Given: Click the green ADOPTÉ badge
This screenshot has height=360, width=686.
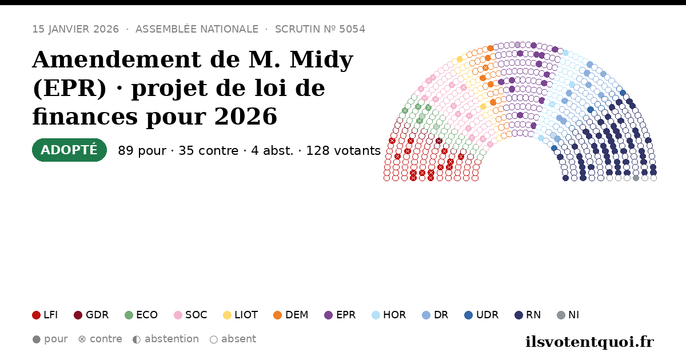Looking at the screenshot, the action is (x=69, y=150).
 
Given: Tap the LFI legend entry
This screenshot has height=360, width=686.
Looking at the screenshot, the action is (x=45, y=315).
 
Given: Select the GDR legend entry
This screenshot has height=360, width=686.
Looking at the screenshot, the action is (x=91, y=315).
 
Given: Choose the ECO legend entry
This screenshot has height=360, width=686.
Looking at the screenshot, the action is (x=141, y=315).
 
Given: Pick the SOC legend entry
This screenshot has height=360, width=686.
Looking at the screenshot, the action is (x=190, y=315).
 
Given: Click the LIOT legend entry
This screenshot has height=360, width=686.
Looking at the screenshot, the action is (x=241, y=315).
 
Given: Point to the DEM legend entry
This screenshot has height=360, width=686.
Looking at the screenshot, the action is (x=290, y=315).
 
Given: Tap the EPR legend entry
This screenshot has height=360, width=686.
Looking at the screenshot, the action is (x=340, y=315).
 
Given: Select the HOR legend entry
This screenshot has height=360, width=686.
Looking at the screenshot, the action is (x=389, y=315).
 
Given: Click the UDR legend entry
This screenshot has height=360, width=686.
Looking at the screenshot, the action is (x=481, y=315).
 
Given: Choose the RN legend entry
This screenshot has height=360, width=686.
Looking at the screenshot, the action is (x=528, y=315).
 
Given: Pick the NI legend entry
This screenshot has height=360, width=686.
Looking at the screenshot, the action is (x=568, y=315).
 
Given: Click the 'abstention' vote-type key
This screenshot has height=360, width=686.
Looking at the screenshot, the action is (x=166, y=339).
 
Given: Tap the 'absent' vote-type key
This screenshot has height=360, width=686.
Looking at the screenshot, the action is (x=233, y=339).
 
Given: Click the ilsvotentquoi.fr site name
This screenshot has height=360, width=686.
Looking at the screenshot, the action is (x=589, y=342).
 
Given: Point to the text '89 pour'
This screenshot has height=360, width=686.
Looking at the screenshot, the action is (x=142, y=151).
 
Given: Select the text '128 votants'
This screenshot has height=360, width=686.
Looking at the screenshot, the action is (x=344, y=151).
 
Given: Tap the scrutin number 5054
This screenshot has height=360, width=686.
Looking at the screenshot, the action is (x=352, y=29).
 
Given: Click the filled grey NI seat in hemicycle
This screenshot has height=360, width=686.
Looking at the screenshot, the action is (x=636, y=178).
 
